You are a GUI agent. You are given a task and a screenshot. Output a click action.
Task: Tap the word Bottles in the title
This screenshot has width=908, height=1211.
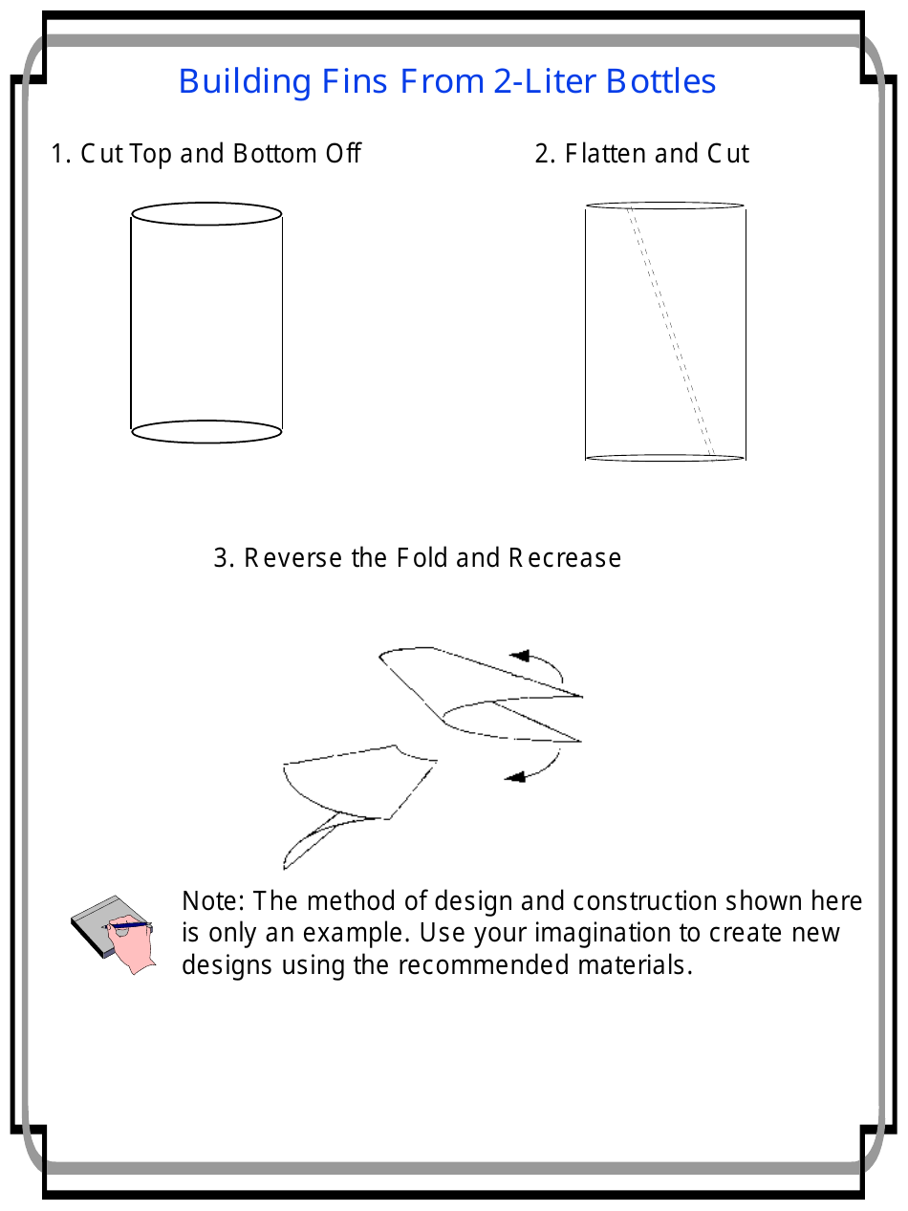(660, 81)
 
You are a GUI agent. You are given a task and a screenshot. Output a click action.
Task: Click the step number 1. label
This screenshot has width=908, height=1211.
(61, 154)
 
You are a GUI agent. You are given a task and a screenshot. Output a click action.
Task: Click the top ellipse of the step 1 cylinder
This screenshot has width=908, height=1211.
(206, 213)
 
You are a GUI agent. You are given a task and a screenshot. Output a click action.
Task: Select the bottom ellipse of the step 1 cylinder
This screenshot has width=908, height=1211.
(206, 432)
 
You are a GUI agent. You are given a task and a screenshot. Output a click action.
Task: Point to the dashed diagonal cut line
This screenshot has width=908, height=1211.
(670, 330)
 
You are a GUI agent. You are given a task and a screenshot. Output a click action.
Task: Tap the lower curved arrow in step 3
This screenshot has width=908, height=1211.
(535, 770)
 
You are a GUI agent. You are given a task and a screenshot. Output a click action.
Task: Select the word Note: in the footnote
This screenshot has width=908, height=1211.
(214, 901)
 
